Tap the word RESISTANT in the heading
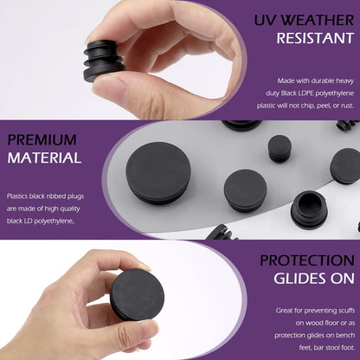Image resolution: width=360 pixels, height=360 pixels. coord(315,38)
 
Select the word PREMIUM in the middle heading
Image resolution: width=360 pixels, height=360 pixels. coord(42,140)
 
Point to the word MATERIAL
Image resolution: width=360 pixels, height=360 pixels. coord(44,157)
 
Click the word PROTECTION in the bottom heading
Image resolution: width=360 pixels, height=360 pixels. coord(307,260)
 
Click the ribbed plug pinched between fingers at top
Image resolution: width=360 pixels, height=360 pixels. coord(104,61)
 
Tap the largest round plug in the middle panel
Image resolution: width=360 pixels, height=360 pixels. coord(158,173)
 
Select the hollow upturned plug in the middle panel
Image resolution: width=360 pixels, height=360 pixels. coord(309,209)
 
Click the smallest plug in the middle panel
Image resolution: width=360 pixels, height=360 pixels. coord(280,149)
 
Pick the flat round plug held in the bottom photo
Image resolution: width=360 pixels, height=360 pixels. coord(138,294)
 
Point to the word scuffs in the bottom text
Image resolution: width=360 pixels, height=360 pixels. coord(344,311)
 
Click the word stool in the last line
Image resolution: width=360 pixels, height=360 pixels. coord(332,348)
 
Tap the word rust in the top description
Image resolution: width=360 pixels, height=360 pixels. coord(346,106)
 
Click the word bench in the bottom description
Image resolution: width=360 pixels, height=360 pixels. coord(345,335)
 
